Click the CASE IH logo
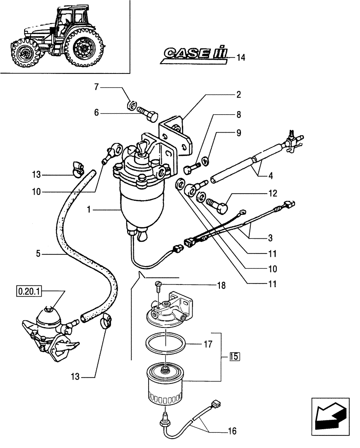(x=193, y=54)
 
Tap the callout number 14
(x=241, y=57)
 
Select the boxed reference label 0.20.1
(x=29, y=292)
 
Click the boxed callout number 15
(x=235, y=357)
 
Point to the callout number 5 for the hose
(x=39, y=254)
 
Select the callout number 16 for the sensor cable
(x=231, y=431)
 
